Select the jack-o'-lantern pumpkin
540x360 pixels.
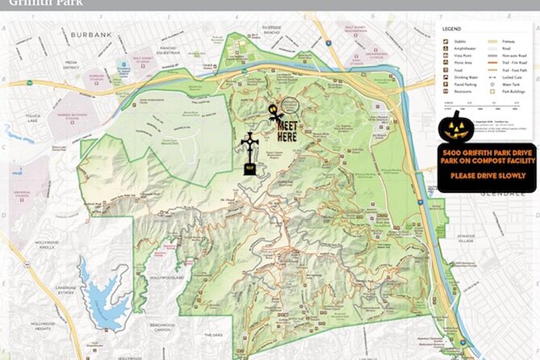click(456, 128)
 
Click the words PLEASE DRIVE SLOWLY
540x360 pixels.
click(486, 175)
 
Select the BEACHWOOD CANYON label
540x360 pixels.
click(168, 327)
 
